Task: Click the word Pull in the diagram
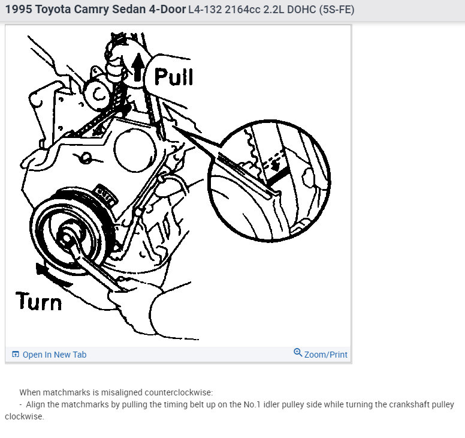point(174,77)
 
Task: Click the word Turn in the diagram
point(38,301)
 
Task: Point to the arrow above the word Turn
point(53,275)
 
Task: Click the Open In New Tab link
point(55,355)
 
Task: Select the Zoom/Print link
point(325,355)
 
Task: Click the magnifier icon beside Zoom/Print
point(298,352)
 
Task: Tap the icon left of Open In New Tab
point(15,354)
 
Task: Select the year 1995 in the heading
point(19,10)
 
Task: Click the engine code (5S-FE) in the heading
point(337,10)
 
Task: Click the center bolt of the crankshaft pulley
point(67,238)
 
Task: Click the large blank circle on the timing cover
point(135,150)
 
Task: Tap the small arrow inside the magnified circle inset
point(276,166)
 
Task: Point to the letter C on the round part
point(99,94)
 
